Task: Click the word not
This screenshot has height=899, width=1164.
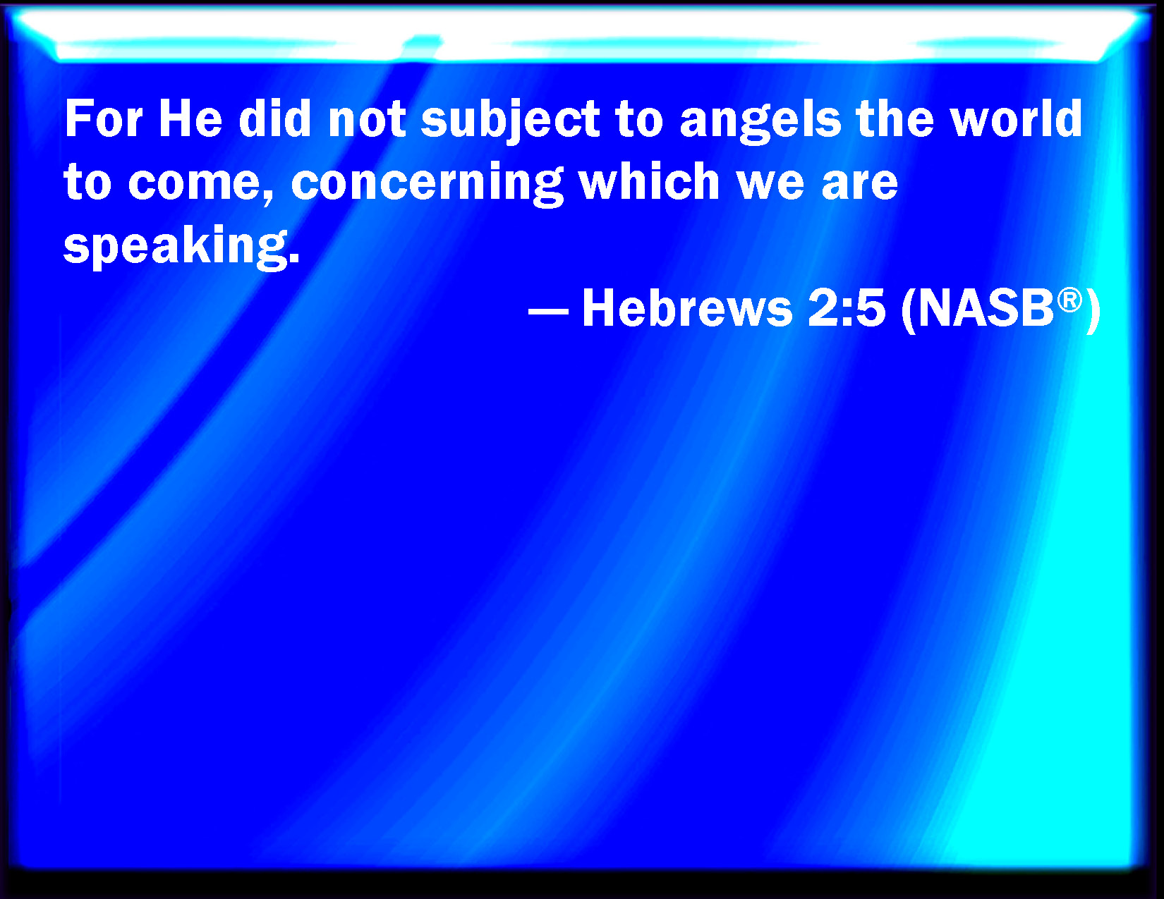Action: (x=367, y=120)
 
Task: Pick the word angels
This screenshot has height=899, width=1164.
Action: (x=760, y=121)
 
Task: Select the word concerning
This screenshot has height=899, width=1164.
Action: (x=427, y=183)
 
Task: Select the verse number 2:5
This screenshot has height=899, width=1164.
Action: (x=846, y=309)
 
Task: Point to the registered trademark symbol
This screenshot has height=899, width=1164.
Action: (x=1069, y=300)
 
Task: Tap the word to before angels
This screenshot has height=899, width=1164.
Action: (x=639, y=120)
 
